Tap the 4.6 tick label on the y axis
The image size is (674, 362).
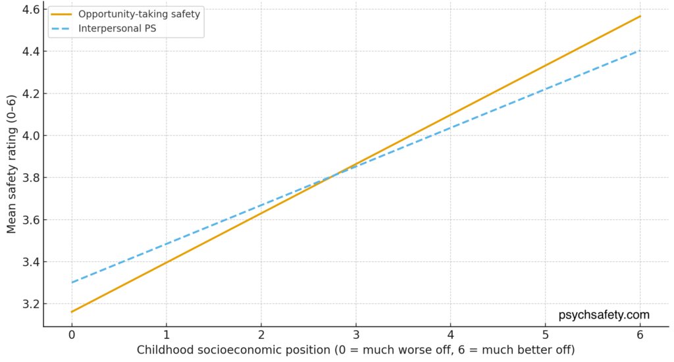point(30,9)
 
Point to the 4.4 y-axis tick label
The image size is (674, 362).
point(30,51)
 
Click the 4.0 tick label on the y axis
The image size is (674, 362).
point(30,136)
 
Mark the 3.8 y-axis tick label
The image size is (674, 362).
point(30,178)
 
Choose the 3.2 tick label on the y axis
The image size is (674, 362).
point(30,304)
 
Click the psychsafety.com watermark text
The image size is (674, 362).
point(604,315)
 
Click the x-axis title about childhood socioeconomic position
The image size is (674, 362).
point(355,350)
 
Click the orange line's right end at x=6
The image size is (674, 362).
point(640,16)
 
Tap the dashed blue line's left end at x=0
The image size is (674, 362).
point(71,282)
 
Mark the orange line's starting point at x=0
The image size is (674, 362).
point(71,312)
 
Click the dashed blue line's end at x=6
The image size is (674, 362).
point(640,51)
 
